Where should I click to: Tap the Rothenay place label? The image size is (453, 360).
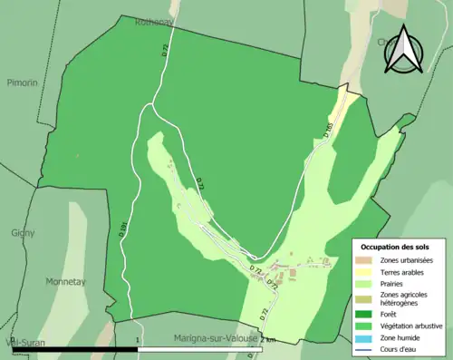[156, 21]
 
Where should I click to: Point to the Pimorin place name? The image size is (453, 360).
[21, 82]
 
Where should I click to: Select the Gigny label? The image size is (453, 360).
[23, 232]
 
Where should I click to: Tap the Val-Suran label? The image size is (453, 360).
[25, 342]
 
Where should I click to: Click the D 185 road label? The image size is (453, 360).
[327, 131]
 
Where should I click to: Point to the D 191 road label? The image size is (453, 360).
[123, 229]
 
